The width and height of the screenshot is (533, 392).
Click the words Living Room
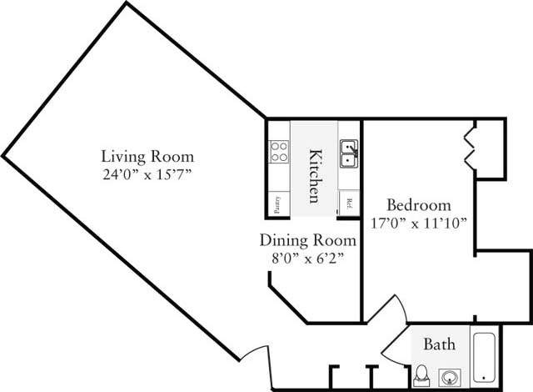(147, 156)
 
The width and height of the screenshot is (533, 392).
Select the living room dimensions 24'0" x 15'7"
(147, 174)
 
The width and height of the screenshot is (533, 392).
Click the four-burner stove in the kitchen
(278, 152)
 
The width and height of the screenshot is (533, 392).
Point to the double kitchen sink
(348, 152)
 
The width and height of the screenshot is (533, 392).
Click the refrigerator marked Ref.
(349, 203)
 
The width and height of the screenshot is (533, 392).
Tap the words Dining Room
(307, 240)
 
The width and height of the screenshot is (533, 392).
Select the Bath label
(438, 344)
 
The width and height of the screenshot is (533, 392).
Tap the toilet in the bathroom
(422, 374)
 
